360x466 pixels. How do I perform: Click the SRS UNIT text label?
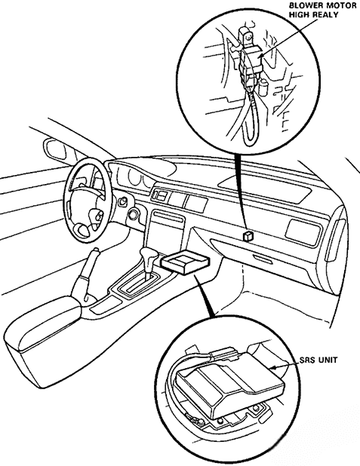tap(318, 360)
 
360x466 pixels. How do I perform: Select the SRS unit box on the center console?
tap(185, 262)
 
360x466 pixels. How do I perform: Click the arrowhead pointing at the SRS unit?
tap(273, 368)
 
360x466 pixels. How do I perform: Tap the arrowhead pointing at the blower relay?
tap(260, 55)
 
